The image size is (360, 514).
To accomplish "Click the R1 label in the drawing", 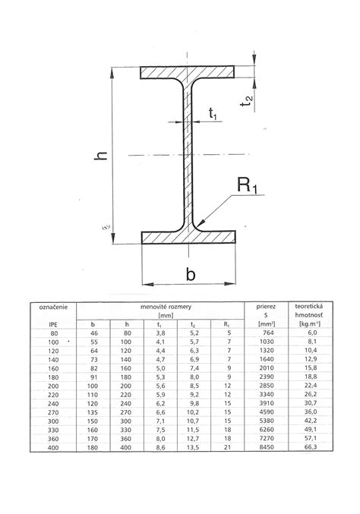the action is (x=247, y=185).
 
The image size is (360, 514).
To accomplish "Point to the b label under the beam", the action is (x=191, y=274).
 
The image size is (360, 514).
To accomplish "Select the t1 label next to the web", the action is (x=213, y=113).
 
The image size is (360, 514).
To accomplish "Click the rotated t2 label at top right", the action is (x=247, y=100).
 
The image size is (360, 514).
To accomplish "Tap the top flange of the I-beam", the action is (x=187, y=72).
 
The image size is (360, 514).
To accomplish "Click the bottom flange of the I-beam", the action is (x=188, y=238).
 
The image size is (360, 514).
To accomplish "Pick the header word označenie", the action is (x=53, y=307).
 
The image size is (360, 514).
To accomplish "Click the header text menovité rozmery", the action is (x=166, y=307).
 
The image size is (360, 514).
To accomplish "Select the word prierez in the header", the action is (x=266, y=307).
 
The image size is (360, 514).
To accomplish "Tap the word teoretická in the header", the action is (x=309, y=307).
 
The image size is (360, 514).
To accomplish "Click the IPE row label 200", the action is (x=53, y=386).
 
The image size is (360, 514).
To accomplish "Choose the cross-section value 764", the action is (x=268, y=333).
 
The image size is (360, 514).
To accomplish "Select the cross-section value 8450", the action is (x=267, y=447).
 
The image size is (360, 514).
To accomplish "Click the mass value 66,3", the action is (x=311, y=446).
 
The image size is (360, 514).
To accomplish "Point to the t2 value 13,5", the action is (x=193, y=447).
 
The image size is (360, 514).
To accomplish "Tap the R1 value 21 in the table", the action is (x=228, y=447).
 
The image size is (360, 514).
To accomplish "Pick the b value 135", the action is (x=93, y=412).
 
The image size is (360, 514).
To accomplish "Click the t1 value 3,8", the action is (x=160, y=333).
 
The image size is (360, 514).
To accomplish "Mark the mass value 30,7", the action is (x=311, y=403).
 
